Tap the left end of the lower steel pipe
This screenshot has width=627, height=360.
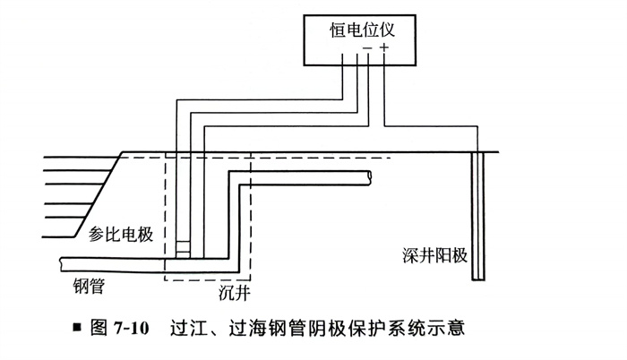[x=63, y=261]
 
